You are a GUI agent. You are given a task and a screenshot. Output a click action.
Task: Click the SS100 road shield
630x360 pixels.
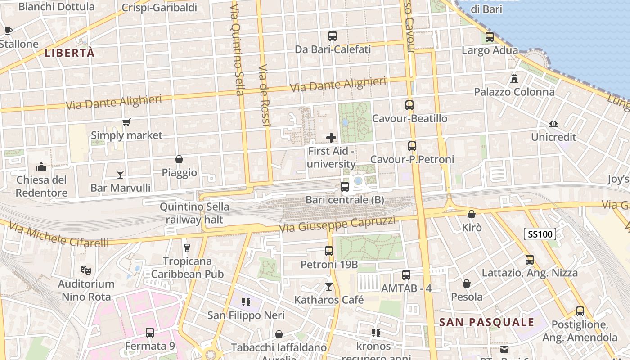tap(540, 234)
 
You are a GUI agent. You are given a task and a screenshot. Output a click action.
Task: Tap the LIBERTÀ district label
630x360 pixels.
tap(70, 53)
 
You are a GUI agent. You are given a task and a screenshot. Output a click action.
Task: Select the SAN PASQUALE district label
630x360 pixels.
tap(486, 322)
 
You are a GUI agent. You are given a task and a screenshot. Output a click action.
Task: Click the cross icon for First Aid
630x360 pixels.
tap(331, 138)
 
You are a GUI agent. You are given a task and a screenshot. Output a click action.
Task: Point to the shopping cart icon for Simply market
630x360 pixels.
tap(126, 122)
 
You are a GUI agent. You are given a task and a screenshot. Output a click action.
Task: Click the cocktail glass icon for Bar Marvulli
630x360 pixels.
tap(120, 174)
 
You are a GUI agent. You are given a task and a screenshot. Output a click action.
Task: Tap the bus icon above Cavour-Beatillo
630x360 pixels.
tap(409, 105)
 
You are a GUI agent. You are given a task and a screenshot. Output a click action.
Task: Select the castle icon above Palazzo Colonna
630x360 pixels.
tap(514, 79)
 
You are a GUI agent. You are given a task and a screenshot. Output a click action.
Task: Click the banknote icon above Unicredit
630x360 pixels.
tap(553, 123)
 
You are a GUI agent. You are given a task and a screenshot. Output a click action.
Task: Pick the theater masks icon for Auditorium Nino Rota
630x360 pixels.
tap(85, 270)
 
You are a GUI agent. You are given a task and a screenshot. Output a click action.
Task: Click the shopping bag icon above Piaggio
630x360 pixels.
tap(179, 159)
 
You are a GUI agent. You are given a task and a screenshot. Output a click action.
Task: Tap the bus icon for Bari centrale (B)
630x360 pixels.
tap(345, 186)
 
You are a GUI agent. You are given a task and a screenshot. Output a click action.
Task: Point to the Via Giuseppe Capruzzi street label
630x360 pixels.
tap(337, 224)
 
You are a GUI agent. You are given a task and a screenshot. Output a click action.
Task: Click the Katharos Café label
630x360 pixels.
tap(329, 300)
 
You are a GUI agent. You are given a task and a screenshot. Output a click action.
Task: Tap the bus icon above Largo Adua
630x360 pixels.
tap(489, 37)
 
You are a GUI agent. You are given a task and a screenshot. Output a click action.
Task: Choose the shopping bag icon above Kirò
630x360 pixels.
tap(472, 214)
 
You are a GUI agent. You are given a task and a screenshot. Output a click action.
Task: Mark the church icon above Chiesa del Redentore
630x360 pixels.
tap(41, 166)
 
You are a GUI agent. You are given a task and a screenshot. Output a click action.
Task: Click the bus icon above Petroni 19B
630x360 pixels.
tap(329, 251)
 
